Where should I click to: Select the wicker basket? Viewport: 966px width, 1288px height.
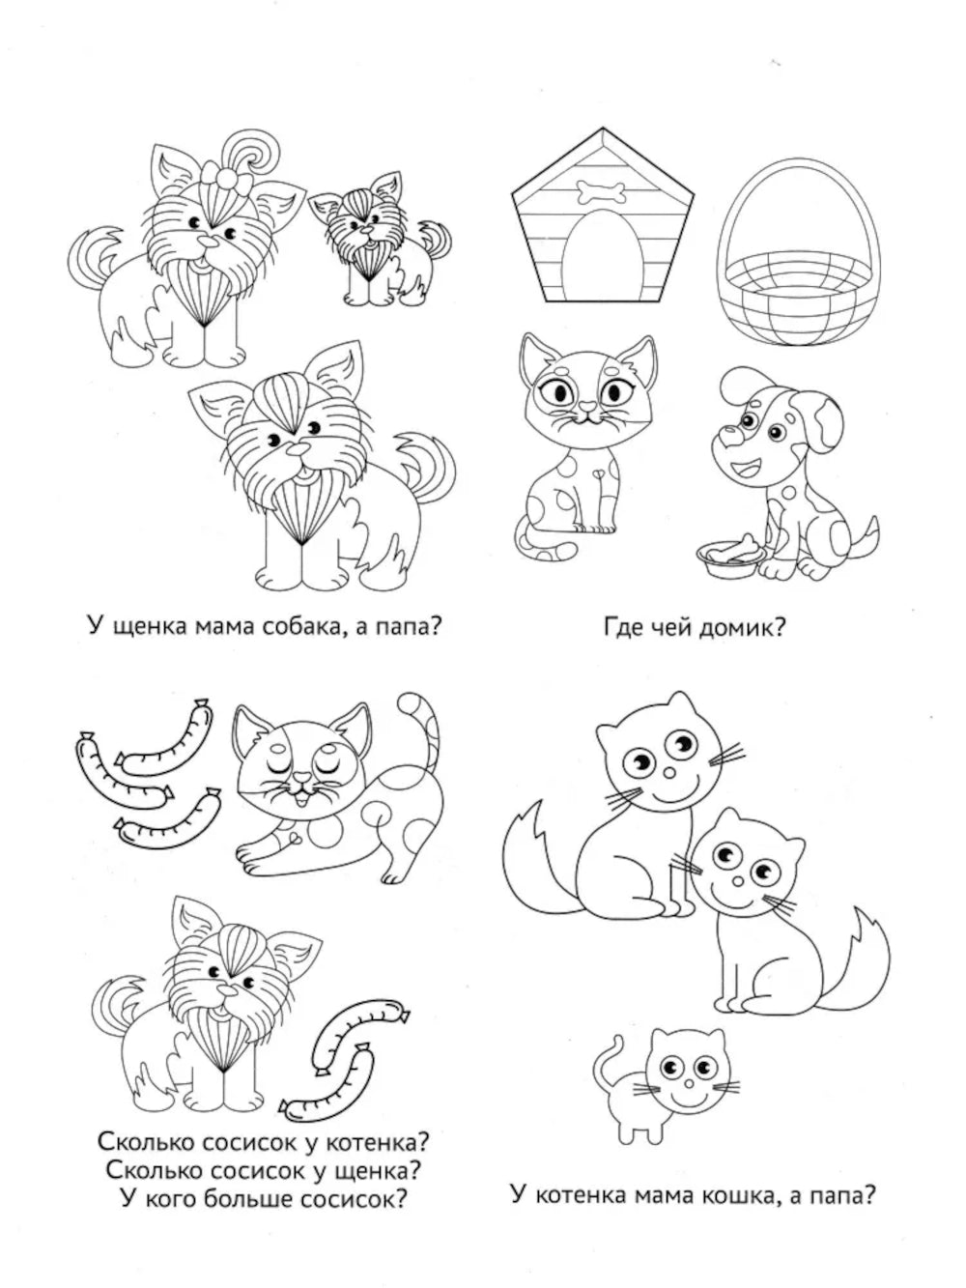(800, 252)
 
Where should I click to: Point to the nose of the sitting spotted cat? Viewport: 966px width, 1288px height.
(586, 406)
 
